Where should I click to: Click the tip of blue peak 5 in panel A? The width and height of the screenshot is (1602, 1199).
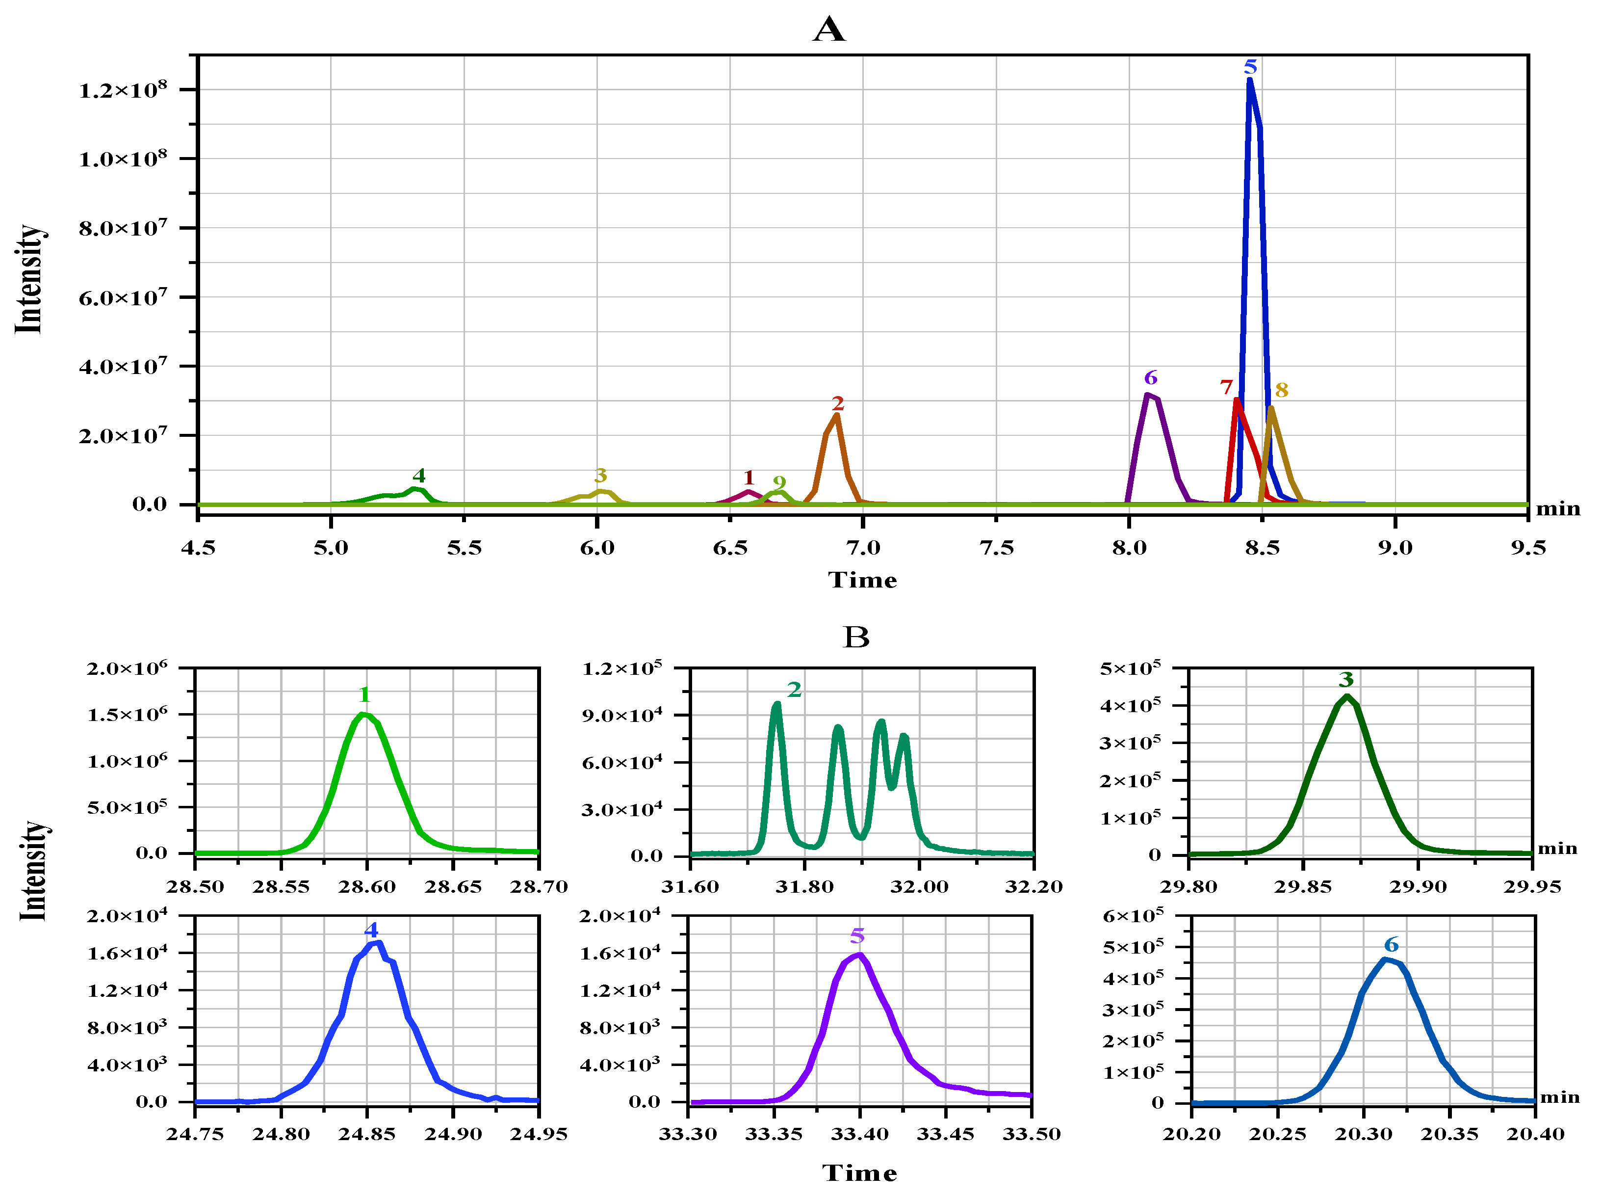click(x=1249, y=81)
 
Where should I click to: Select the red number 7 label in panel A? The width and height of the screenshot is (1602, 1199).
click(x=1225, y=388)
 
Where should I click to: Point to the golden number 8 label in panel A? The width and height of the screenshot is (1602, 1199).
click(x=1281, y=391)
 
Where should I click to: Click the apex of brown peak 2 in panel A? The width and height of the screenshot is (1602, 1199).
click(x=836, y=416)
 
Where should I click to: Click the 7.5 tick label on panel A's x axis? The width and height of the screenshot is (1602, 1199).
click(x=996, y=548)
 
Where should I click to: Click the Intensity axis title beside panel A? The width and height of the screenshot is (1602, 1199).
click(x=29, y=279)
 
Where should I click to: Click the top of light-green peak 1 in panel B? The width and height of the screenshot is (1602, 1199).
click(x=363, y=714)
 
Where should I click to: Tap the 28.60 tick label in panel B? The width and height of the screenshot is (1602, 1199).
click(x=367, y=887)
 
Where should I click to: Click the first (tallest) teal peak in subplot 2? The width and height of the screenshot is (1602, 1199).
click(x=776, y=704)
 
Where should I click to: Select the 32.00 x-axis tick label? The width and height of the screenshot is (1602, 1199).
click(x=919, y=887)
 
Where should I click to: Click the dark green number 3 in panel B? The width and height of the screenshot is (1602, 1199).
click(x=1345, y=680)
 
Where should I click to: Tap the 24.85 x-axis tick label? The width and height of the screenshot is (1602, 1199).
click(x=367, y=1134)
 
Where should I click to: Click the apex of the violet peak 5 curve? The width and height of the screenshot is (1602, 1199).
click(x=859, y=955)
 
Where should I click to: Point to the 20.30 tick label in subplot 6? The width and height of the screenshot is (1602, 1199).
click(x=1363, y=1134)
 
